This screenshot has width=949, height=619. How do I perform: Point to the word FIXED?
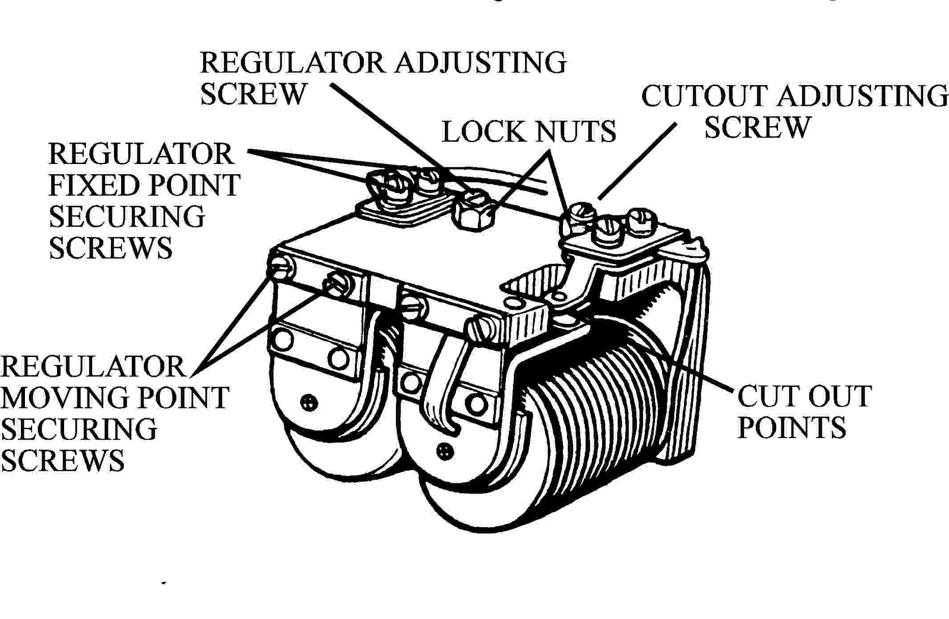coord(93,185)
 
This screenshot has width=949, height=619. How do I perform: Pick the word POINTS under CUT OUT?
coord(791,427)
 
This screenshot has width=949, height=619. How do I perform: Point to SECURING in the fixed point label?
coord(126,217)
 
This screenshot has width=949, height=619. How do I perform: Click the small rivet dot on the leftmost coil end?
coord(308,402)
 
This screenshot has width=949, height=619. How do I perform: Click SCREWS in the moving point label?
coord(63,460)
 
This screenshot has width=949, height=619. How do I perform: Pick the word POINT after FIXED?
coord(193,185)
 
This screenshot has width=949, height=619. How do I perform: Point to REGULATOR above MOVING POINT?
coord(93,367)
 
